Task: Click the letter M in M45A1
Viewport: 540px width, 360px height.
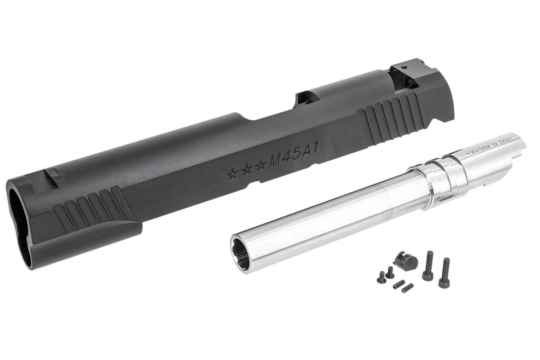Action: (277, 160)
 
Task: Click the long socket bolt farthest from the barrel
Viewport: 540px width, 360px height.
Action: (445, 273)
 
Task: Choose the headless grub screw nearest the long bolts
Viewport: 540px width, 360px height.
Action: (407, 288)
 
